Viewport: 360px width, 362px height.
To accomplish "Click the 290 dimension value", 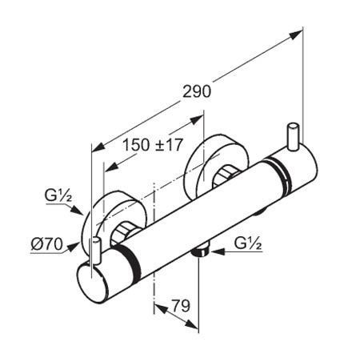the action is (197, 91).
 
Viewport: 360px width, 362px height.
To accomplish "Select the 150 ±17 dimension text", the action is (153, 145).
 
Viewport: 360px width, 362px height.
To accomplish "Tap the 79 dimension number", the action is (181, 306).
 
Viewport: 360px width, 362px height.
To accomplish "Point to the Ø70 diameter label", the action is (47, 243).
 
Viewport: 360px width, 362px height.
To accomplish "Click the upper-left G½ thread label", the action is (58, 195).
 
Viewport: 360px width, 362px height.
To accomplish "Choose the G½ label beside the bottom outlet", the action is (248, 243).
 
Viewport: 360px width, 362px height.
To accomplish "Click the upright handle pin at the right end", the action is (293, 137).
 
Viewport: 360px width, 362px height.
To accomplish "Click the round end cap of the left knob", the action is (93, 283).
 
